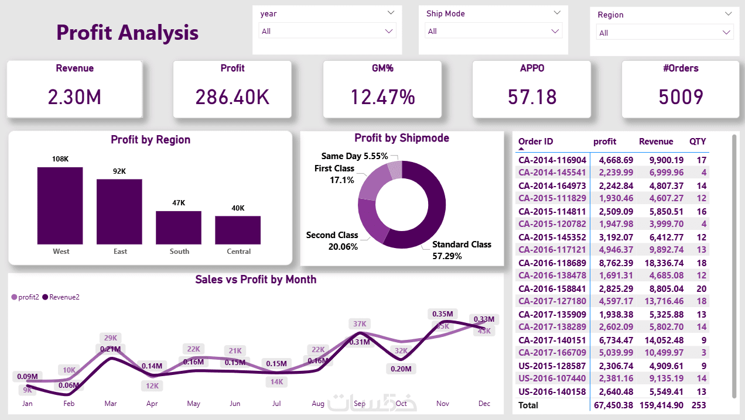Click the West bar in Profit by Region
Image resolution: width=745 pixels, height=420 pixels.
60,205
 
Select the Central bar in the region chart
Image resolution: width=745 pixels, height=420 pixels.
238,230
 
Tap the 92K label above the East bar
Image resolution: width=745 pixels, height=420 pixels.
119,171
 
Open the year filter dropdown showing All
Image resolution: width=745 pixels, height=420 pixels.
327,31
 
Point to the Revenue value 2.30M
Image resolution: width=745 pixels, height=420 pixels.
74,97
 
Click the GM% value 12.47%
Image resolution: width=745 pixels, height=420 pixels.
382,97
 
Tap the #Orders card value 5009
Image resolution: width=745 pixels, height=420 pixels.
681,97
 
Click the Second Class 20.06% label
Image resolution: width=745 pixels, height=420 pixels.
332,240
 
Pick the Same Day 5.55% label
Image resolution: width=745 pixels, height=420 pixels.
354,156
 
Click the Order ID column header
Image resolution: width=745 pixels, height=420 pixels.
535,142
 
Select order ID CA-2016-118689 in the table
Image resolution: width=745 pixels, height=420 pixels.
552,263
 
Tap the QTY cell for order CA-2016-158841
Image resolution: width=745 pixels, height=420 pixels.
701,289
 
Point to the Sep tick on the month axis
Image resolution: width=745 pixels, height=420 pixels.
360,404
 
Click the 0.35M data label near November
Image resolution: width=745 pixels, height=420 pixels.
443,315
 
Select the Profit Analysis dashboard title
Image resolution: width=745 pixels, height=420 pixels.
127,33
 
